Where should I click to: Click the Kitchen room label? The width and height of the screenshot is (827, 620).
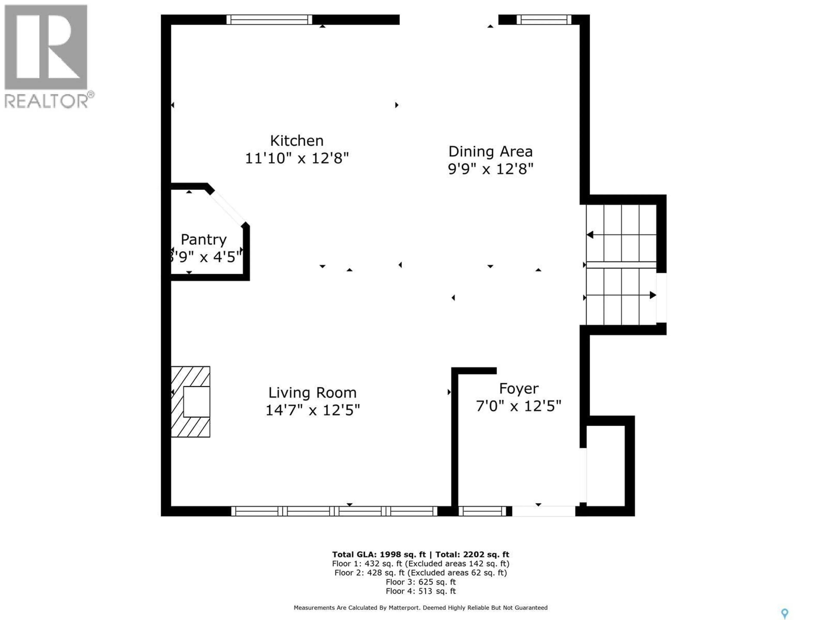297,141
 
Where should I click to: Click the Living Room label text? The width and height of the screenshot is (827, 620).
312,393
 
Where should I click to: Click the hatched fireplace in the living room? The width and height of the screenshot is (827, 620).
191,402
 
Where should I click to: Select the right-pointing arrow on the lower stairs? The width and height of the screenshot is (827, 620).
652,295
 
